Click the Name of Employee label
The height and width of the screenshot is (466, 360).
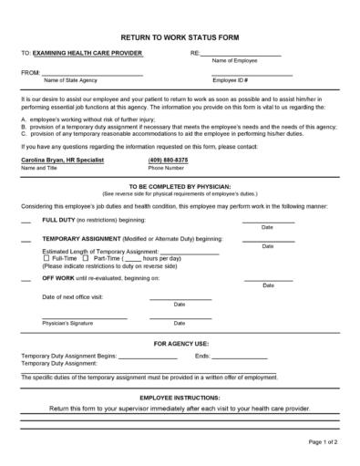click(x=234, y=61)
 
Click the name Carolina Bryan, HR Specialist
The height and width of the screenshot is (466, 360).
click(x=62, y=160)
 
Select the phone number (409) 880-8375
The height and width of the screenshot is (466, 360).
click(x=168, y=160)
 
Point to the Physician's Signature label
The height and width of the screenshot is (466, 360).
click(x=68, y=322)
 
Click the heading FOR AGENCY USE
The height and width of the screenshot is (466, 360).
click(x=180, y=343)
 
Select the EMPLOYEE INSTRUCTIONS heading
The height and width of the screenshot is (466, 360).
click(x=180, y=398)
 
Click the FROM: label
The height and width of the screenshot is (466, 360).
click(x=30, y=72)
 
